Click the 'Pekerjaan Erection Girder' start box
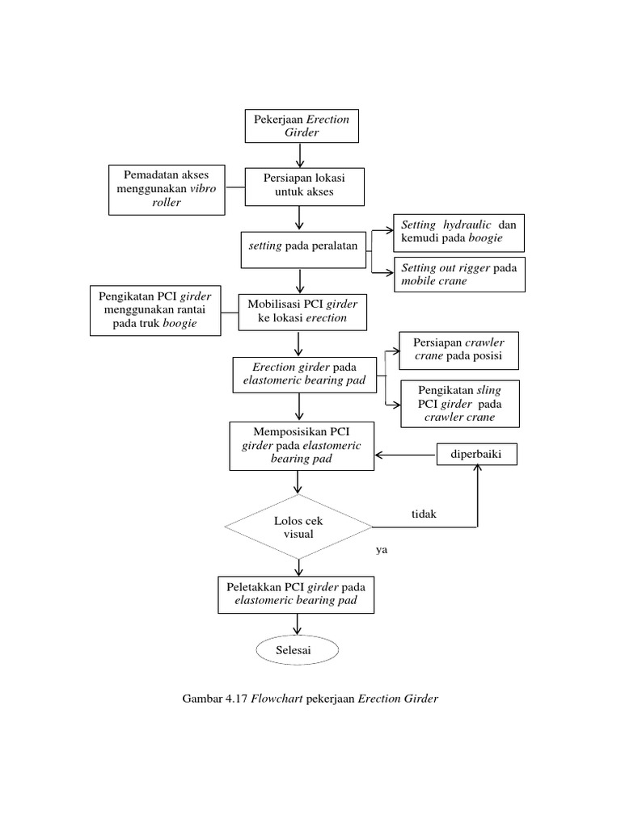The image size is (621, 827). (x=302, y=126)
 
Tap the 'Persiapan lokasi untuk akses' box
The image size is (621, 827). (x=305, y=185)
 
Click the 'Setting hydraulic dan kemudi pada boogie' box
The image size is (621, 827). (x=458, y=232)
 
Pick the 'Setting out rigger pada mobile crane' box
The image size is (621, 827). (x=458, y=275)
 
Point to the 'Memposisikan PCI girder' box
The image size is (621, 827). (x=302, y=446)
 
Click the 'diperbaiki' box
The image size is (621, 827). (x=475, y=455)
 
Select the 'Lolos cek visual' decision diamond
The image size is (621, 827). (x=298, y=527)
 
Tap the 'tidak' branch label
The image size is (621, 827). (x=424, y=514)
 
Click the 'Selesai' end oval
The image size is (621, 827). (x=297, y=649)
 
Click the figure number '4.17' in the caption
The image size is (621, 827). (x=234, y=699)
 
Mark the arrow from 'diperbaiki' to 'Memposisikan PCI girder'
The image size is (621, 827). (x=404, y=455)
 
